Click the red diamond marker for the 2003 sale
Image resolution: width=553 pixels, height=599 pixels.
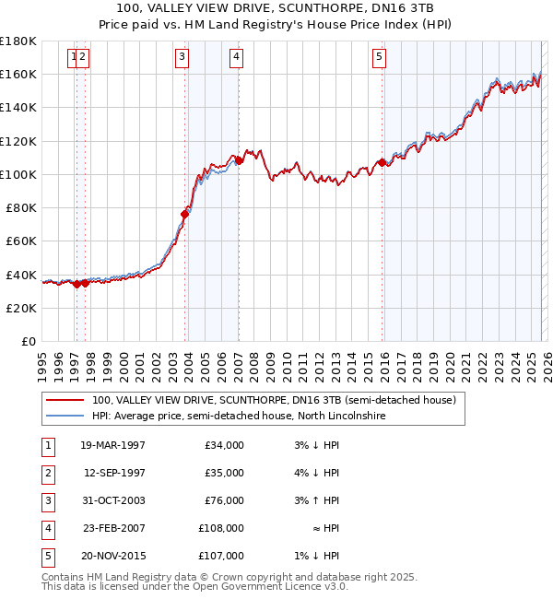[x=185, y=214]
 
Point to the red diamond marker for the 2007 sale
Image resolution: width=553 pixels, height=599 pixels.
[x=239, y=160]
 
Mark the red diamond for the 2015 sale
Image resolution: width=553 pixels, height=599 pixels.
[x=382, y=162]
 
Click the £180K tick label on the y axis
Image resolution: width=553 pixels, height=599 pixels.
[x=18, y=41]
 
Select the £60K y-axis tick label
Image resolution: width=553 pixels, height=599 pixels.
[x=21, y=241]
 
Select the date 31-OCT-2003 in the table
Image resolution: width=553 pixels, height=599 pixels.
[x=112, y=501]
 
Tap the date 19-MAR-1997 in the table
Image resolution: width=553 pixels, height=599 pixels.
[x=112, y=446]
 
